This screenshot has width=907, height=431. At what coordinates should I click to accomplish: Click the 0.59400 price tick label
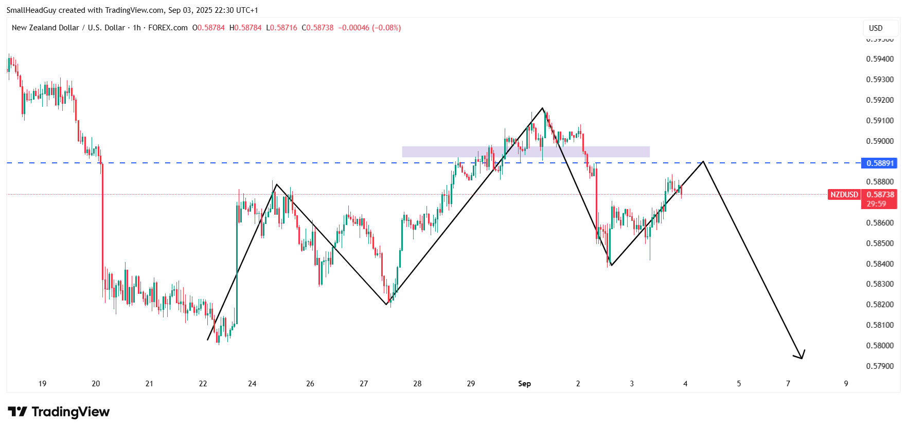point(880,59)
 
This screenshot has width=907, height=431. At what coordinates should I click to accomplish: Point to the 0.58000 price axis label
point(880,346)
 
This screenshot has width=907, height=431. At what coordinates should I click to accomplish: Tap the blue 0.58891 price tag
point(880,163)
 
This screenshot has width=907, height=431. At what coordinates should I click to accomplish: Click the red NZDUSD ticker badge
point(844,195)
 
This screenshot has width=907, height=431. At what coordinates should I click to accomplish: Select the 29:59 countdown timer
point(876,204)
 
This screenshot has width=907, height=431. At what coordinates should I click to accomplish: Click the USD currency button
point(876,28)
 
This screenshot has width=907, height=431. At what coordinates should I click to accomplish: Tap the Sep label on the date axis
point(524,384)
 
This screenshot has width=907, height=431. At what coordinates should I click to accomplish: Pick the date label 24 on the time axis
point(252,384)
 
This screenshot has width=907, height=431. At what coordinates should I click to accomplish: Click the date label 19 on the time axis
point(42,384)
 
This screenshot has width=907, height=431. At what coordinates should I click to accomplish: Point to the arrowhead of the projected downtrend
point(802,357)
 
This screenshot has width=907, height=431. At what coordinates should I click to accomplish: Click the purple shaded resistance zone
point(525,152)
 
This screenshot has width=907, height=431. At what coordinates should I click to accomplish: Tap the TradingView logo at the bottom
point(59,412)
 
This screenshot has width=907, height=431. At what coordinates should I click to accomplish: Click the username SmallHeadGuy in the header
point(31,10)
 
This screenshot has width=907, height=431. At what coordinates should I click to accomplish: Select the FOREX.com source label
point(168,28)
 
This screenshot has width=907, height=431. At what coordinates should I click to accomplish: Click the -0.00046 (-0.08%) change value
point(369,28)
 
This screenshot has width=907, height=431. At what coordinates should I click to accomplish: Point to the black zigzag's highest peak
point(542,108)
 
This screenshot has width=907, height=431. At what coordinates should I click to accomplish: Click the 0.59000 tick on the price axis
point(880,141)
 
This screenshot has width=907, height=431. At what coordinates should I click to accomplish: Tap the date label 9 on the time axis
point(846,384)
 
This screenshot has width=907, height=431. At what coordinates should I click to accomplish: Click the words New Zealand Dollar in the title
point(45,28)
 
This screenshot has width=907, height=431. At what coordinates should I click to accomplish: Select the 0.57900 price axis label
point(880,366)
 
